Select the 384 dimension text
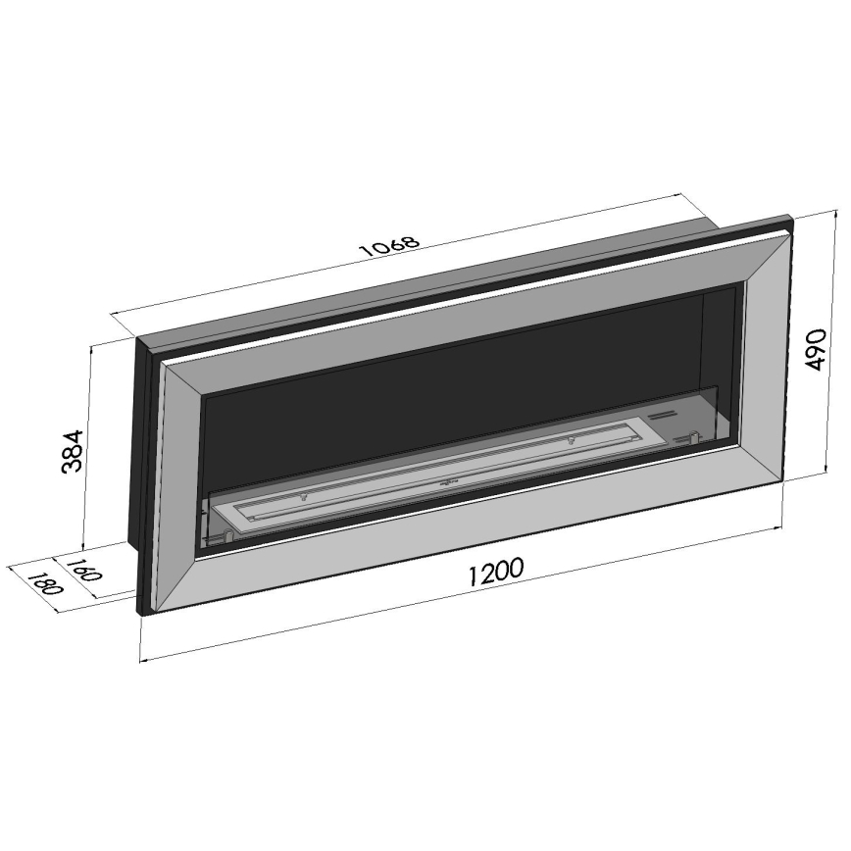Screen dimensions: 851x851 [74, 450]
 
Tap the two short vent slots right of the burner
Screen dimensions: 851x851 [664, 418]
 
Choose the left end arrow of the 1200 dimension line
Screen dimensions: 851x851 [144, 659]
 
